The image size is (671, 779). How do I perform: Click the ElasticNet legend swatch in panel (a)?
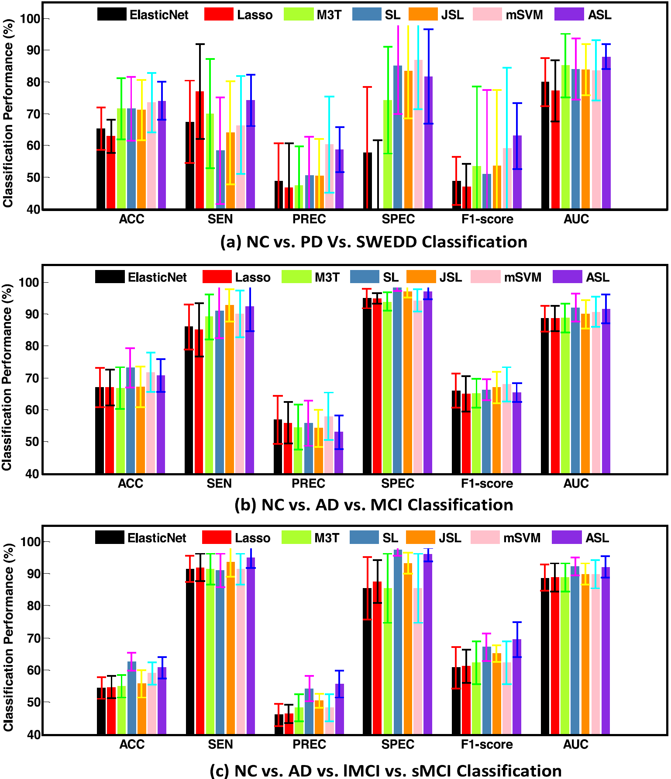(x=112, y=14)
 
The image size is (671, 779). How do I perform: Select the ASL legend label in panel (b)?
(x=597, y=277)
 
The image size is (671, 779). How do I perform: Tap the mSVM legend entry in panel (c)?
(x=522, y=538)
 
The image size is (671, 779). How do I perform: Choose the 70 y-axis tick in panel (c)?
(x=33, y=638)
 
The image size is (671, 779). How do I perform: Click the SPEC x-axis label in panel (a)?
(x=398, y=219)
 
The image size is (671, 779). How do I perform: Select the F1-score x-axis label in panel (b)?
(x=487, y=484)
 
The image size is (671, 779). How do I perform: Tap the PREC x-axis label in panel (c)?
(x=309, y=744)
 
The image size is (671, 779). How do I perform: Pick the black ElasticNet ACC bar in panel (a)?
(x=101, y=169)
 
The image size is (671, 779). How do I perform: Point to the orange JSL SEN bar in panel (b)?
(x=230, y=389)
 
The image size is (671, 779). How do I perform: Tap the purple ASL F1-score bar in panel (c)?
(x=517, y=686)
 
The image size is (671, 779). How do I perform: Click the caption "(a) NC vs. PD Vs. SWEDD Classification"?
(x=374, y=242)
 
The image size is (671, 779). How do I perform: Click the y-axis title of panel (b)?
(x=7, y=377)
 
